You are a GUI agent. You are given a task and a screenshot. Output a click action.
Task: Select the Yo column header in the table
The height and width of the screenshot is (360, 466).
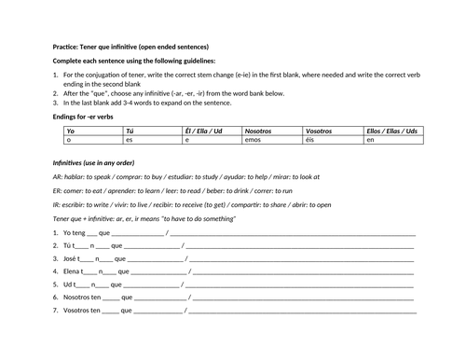click(x=59, y=132)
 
